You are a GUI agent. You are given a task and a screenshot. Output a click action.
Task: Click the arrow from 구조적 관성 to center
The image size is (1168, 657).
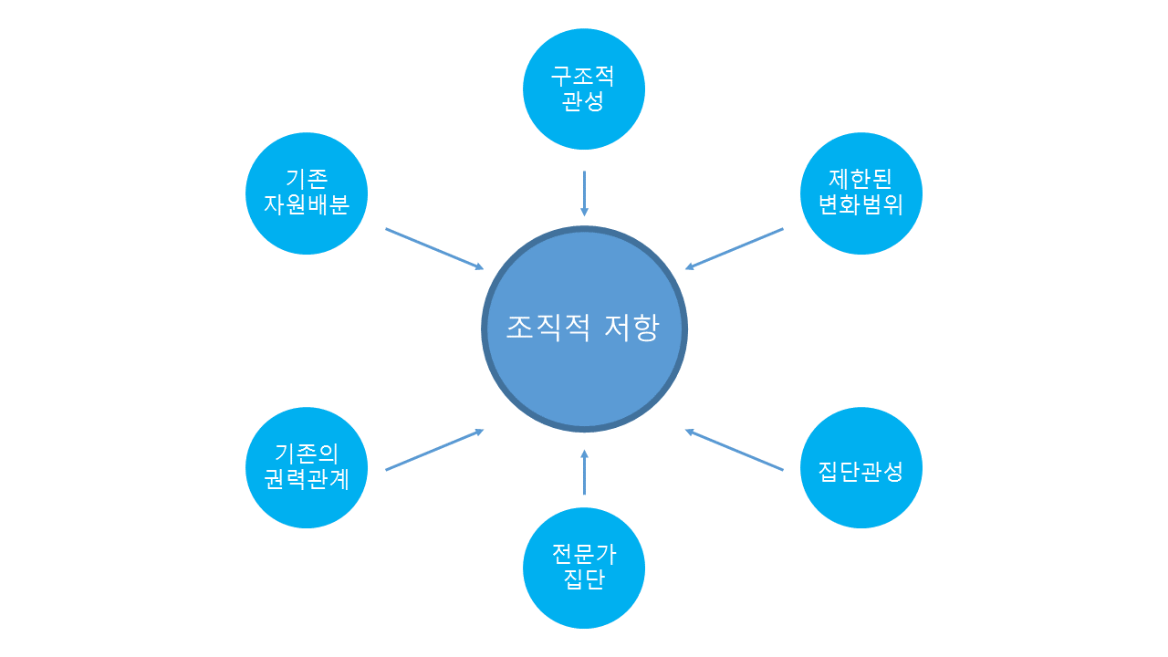click(584, 193)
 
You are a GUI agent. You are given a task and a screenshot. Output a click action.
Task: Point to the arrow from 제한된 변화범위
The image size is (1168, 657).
click(735, 249)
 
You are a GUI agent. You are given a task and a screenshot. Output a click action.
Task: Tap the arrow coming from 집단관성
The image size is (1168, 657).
click(735, 450)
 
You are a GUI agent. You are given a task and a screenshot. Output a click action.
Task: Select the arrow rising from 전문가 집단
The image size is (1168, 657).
click(584, 472)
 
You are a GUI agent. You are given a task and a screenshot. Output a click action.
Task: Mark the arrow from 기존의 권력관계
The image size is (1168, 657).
click(434, 450)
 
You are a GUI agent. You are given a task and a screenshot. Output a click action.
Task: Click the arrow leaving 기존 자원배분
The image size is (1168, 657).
click(434, 249)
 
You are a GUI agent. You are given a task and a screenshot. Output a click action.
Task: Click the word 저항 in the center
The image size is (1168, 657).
click(631, 328)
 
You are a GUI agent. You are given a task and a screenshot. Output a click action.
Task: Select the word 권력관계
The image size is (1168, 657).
click(307, 480)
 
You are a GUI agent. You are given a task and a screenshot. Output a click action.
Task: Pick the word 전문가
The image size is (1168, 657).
click(584, 553)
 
